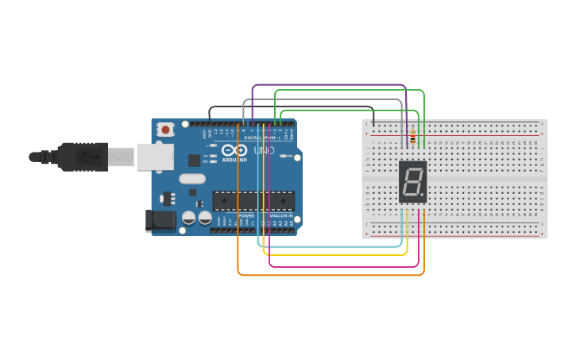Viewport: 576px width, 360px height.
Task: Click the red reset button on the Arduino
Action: (x=165, y=129)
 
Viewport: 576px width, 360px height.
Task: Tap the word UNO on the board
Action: (x=264, y=150)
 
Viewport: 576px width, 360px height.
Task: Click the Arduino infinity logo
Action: (x=234, y=150)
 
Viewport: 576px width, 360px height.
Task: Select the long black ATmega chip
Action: (x=253, y=201)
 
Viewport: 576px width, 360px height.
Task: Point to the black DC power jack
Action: (x=160, y=220)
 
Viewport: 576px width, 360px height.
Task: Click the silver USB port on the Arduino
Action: (x=154, y=157)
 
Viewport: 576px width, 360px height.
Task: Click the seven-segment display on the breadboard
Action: (x=412, y=182)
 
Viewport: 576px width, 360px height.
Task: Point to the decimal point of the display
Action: (x=423, y=195)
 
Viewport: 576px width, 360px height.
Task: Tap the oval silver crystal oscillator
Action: (x=192, y=179)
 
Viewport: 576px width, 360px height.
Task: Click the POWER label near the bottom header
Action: (x=246, y=215)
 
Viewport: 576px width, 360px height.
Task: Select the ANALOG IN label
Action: (x=280, y=215)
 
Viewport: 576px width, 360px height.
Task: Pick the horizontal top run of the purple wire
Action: (x=330, y=85)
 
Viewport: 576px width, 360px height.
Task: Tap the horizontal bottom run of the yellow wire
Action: (x=334, y=255)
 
